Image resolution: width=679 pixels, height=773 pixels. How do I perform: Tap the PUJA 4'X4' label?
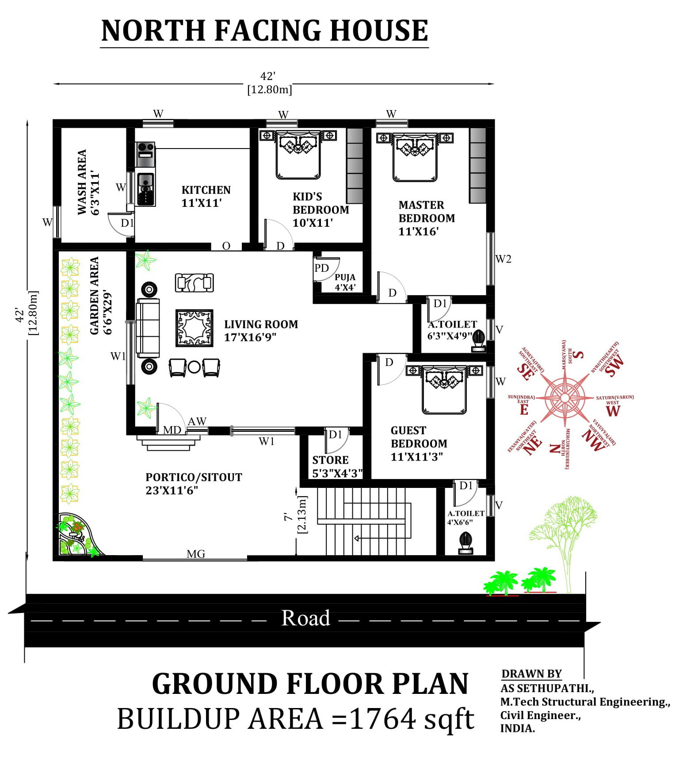[x=345, y=282]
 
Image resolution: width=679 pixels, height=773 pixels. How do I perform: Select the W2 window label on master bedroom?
[x=503, y=259]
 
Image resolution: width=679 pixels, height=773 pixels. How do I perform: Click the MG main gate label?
[x=196, y=554]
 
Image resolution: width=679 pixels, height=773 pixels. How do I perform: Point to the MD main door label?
[x=172, y=430]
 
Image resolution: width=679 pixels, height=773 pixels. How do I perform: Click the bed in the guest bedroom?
[x=444, y=389]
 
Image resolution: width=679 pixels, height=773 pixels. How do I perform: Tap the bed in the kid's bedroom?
[x=298, y=155]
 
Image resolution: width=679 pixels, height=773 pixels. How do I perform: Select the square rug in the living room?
[x=195, y=328]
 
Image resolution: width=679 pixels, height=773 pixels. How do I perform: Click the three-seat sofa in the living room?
[x=148, y=328]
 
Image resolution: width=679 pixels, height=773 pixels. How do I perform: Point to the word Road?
[x=305, y=618]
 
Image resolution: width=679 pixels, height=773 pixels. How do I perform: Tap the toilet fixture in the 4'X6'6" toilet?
[x=465, y=543]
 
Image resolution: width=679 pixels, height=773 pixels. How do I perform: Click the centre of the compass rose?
[x=565, y=398]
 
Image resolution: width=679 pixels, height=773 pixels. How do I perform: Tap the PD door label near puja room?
[x=321, y=268]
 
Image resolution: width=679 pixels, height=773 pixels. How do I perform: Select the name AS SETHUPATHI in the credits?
[x=547, y=688]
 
